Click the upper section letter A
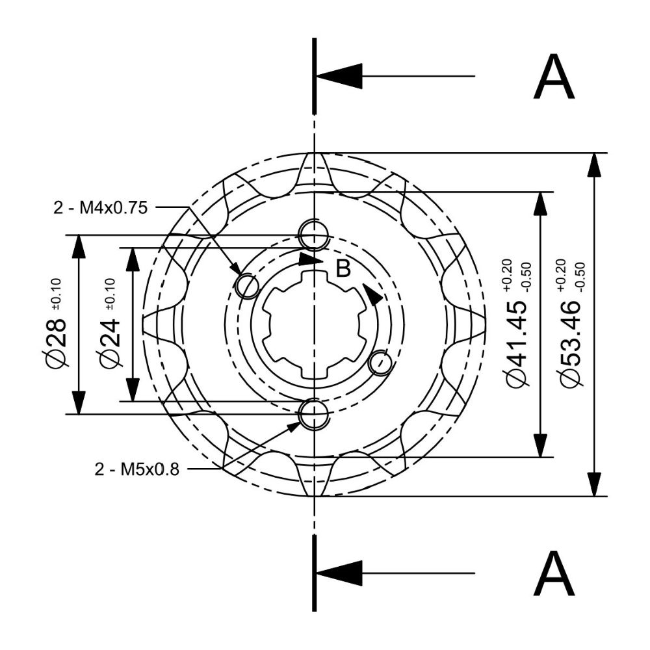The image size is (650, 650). click(554, 77)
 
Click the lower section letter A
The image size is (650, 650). click(554, 574)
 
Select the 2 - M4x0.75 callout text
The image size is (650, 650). click(100, 208)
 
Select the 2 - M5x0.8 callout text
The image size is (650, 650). click(136, 469)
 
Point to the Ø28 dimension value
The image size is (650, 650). click(55, 343)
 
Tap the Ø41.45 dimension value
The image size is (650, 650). click(517, 343)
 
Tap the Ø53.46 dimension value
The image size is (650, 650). click(571, 343)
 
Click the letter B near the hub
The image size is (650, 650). click(343, 268)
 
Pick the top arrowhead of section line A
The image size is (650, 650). click(339, 76)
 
